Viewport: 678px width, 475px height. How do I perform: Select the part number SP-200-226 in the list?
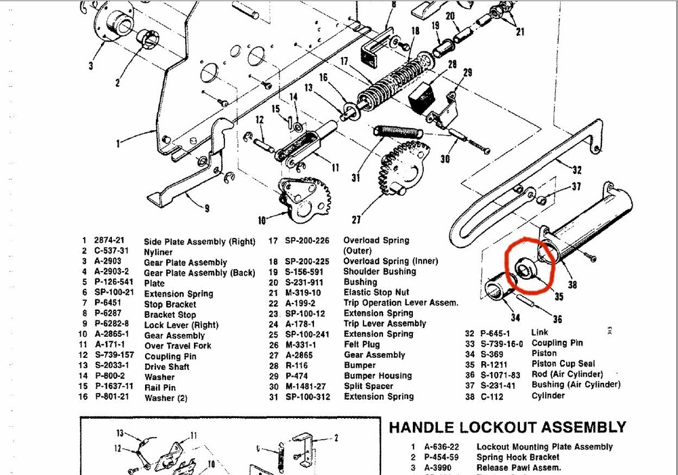tap(306, 241)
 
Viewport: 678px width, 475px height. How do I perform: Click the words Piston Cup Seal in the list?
tap(563, 364)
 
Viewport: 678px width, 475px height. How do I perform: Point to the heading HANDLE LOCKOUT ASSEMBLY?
tap(507, 428)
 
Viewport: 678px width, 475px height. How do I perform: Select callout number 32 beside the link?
tap(576, 170)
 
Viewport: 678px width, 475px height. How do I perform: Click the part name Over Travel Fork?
tap(178, 346)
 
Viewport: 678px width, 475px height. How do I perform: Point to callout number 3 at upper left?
tap(91, 66)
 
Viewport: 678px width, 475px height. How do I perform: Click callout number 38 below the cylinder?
tap(572, 286)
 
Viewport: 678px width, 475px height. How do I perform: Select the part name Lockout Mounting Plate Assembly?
tap(544, 447)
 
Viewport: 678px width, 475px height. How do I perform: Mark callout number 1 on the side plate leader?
tap(118, 144)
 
